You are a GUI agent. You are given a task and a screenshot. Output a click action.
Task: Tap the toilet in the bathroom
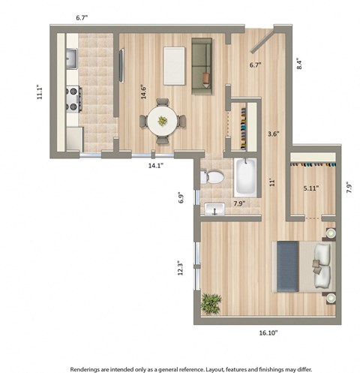click(x=214, y=177)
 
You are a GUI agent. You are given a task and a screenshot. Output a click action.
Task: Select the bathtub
click(x=244, y=177)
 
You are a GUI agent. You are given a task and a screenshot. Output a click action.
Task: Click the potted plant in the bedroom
click(x=211, y=303)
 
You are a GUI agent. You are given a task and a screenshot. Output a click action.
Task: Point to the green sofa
click(x=201, y=62)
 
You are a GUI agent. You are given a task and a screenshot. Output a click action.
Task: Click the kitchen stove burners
click(x=74, y=98)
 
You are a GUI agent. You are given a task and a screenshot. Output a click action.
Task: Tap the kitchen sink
click(x=72, y=57)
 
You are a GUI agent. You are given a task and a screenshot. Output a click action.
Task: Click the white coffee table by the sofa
click(x=174, y=65)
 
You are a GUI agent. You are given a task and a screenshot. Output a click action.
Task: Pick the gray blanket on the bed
click(x=287, y=265)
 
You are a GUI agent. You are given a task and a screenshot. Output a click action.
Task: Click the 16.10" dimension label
click(x=261, y=332)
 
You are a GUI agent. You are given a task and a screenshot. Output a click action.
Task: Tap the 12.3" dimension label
click(x=180, y=268)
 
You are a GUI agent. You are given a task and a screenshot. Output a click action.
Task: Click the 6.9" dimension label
click(x=181, y=198)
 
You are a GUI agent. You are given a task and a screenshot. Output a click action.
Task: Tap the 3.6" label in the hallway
click(x=274, y=135)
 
